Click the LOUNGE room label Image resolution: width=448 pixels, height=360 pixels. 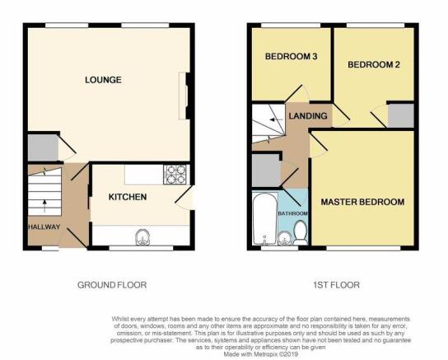103,80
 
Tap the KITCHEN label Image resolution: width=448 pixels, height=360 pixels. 128,197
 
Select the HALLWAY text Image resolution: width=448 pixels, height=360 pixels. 44,227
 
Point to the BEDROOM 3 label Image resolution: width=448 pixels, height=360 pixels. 292,56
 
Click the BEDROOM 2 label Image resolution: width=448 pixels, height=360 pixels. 374,64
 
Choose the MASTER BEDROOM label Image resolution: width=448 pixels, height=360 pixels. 362,202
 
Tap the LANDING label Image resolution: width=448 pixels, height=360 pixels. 308,115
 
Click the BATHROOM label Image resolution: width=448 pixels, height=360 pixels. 293,213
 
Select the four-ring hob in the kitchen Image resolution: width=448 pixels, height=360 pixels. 175,175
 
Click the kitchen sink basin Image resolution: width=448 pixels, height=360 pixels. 142,237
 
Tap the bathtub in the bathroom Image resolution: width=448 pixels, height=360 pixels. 265,218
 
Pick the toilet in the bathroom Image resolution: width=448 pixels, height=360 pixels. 300,232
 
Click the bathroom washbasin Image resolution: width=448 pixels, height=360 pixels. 284,238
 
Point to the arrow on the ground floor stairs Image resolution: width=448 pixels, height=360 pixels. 44,206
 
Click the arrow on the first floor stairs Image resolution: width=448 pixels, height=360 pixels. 277,119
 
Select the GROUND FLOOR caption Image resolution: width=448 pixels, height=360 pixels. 112,285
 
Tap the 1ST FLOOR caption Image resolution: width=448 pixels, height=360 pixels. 336,285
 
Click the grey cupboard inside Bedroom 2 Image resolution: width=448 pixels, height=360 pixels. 400,115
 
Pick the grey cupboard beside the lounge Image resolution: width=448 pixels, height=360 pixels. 43,147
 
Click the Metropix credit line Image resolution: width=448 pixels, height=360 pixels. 260,354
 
